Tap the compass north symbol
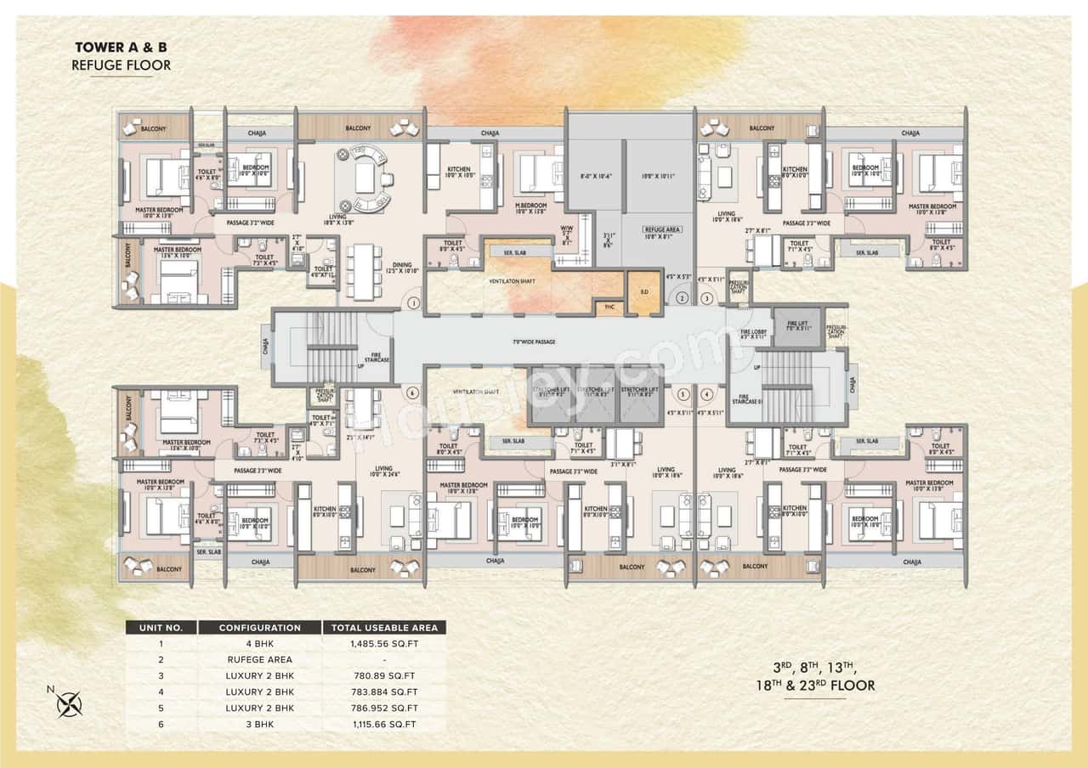click(x=67, y=703)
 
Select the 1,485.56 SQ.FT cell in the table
click(x=384, y=644)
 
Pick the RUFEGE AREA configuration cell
click(x=259, y=660)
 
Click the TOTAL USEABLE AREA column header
click(x=384, y=628)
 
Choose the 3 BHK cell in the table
click(x=259, y=725)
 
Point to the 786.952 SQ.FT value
click(x=384, y=709)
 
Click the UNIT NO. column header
click(x=161, y=628)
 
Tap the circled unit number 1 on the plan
click(x=412, y=302)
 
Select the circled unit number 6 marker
click(x=412, y=392)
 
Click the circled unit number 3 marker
click(x=706, y=298)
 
